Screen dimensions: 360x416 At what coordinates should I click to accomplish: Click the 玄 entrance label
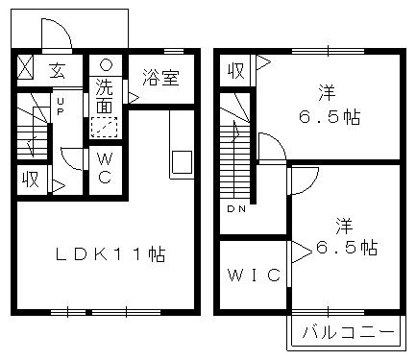(57, 70)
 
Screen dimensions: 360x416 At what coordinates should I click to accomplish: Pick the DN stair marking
(235, 208)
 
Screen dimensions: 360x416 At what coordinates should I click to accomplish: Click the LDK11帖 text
(109, 255)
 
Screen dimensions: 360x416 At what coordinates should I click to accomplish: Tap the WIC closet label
(254, 276)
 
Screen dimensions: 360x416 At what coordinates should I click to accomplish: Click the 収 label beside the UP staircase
(32, 180)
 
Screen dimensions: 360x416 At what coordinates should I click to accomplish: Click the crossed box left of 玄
(27, 70)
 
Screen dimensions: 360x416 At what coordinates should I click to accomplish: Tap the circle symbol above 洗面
(106, 65)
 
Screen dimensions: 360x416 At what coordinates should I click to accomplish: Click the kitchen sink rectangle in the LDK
(182, 162)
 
